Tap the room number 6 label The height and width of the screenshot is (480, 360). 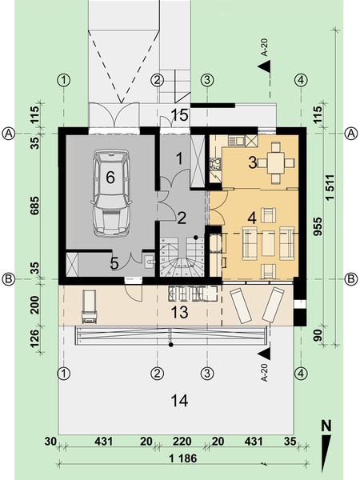click(x=110, y=178)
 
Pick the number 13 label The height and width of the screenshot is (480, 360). click(x=180, y=310)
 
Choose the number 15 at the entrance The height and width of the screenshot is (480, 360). click(x=180, y=115)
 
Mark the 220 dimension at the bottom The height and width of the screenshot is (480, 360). click(x=182, y=440)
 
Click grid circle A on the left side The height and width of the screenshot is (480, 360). click(x=9, y=133)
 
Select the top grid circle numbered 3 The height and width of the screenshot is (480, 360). click(x=207, y=80)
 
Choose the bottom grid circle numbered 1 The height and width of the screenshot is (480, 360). click(x=65, y=373)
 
